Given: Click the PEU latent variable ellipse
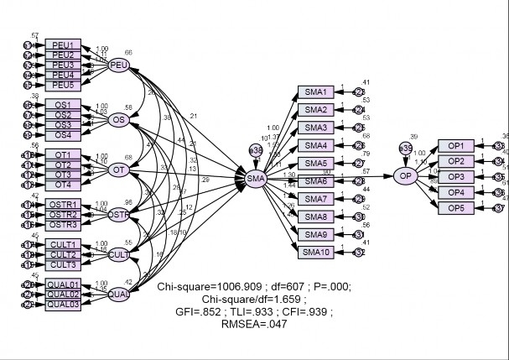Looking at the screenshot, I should (118, 65).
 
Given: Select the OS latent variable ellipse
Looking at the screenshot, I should (119, 120).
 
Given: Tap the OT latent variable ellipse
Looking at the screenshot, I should (119, 170).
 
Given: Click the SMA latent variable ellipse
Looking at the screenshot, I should (255, 177).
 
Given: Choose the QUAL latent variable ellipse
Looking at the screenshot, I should (119, 295).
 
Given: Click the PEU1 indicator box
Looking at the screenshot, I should (63, 44).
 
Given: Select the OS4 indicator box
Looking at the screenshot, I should (63, 135).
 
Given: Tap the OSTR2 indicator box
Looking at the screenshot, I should (63, 214).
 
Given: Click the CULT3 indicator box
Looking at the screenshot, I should (63, 264).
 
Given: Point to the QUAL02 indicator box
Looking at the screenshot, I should (63, 295).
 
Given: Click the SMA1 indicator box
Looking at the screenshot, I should (316, 91).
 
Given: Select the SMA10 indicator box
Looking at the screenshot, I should (316, 252).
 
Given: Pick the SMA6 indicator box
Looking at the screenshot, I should (316, 181).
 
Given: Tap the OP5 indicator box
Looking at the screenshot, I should (455, 207).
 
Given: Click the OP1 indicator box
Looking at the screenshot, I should (455, 145).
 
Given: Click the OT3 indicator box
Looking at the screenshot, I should (63, 175).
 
